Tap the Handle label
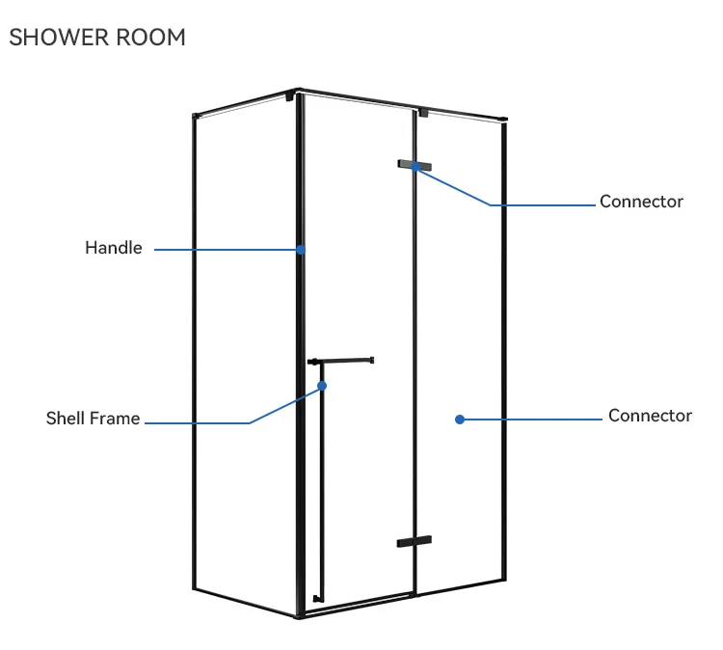point(114,248)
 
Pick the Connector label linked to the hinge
point(641,202)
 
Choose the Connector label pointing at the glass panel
point(650,416)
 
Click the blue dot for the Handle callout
point(301,249)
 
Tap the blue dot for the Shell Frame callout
point(322,386)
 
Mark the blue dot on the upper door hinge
point(415,166)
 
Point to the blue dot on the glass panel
point(460,419)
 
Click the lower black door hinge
point(415,542)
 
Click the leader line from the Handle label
point(227,250)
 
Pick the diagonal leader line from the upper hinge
point(453,186)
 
